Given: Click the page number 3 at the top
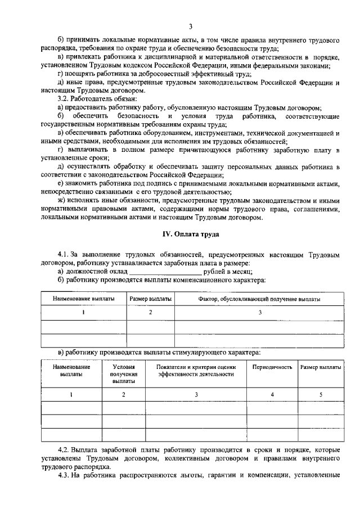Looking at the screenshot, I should tap(191, 26).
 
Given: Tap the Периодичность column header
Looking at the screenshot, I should tap(272, 367).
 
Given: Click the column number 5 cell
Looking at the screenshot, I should tap(321, 394).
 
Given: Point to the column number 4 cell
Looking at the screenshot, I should tap(272, 394).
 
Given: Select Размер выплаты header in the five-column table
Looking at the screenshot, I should tap(321, 367).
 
